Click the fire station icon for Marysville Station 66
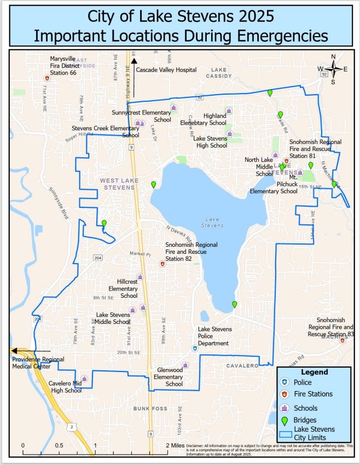click(48, 78)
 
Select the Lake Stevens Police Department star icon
click(194, 348)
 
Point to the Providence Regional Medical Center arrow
click(30, 351)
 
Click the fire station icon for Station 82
click(162, 264)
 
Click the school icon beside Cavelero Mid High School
click(84, 379)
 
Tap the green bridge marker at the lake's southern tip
click(235, 304)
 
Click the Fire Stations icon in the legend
click(284, 394)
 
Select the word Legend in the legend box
click(315, 372)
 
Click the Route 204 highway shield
click(97, 257)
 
